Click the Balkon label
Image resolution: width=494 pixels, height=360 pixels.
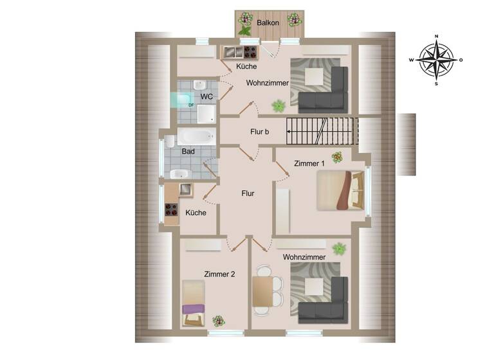[x=267, y=23]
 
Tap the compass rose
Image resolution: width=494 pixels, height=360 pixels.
[x=436, y=60]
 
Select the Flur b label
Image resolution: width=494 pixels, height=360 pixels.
[x=259, y=132]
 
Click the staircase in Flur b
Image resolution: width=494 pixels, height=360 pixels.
[x=321, y=131]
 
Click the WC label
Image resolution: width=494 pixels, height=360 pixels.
[x=206, y=96]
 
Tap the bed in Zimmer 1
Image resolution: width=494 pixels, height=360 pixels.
[x=340, y=190]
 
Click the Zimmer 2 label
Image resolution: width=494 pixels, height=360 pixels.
[x=219, y=274]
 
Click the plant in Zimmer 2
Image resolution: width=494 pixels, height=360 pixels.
[x=219, y=320]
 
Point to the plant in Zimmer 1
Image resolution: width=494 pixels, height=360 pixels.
[x=337, y=157]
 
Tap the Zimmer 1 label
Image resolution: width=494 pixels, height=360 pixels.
[x=309, y=163]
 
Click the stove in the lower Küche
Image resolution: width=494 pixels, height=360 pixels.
[x=172, y=209]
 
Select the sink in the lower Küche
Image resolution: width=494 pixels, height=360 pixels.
[x=185, y=189]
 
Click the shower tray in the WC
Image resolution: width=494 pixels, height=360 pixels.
[x=206, y=114]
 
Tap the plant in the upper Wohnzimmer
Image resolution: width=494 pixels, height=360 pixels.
[x=279, y=105]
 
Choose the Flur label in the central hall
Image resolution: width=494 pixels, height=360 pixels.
[x=248, y=193]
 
